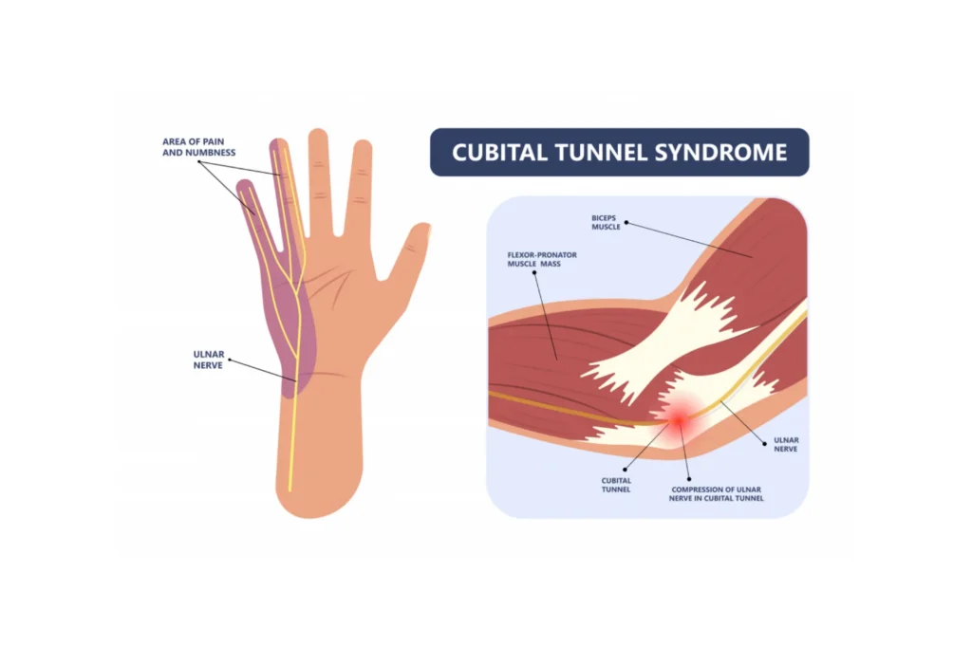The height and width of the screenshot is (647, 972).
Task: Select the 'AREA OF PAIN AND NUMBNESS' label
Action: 198,146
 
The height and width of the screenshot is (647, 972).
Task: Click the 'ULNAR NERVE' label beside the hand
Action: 208,359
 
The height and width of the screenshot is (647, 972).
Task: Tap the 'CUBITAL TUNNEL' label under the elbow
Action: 616,485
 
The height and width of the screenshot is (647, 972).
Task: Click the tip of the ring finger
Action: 278,144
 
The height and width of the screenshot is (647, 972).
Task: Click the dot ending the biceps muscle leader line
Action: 625,224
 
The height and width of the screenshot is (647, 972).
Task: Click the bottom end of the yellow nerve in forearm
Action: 290,488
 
